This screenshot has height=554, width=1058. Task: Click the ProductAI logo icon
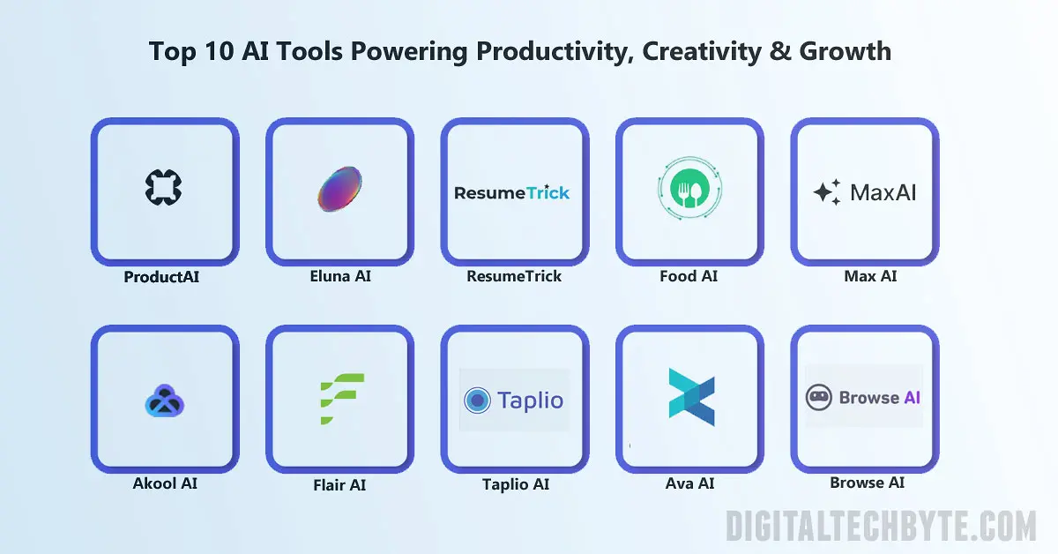coord(164,187)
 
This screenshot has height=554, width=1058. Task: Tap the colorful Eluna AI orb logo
coord(339,190)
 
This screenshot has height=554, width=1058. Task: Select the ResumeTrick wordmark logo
coord(512,192)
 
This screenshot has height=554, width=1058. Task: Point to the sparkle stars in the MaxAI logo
coord(826,192)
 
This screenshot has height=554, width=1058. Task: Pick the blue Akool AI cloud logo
coord(164,402)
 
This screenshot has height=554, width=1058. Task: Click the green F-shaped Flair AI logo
coord(341,400)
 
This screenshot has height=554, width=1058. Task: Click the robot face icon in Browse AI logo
coord(819,398)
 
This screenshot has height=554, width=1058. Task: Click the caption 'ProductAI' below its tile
coord(161,277)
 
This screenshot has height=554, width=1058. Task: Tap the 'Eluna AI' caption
coord(339,276)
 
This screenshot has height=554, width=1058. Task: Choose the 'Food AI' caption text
coord(689,276)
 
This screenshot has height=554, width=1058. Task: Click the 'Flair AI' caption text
coord(339,485)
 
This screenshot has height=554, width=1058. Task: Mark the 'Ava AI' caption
coord(689,483)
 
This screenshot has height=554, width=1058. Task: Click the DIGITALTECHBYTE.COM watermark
coord(881,527)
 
